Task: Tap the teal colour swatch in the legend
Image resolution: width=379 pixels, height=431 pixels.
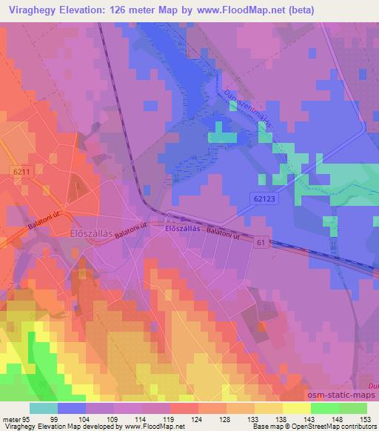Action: (x=44, y=408)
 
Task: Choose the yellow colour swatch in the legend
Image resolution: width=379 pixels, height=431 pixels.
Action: (x=296, y=408)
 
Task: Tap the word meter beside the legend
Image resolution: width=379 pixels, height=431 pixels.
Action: (x=11, y=418)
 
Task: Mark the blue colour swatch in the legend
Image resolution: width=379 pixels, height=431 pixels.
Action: (x=72, y=408)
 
